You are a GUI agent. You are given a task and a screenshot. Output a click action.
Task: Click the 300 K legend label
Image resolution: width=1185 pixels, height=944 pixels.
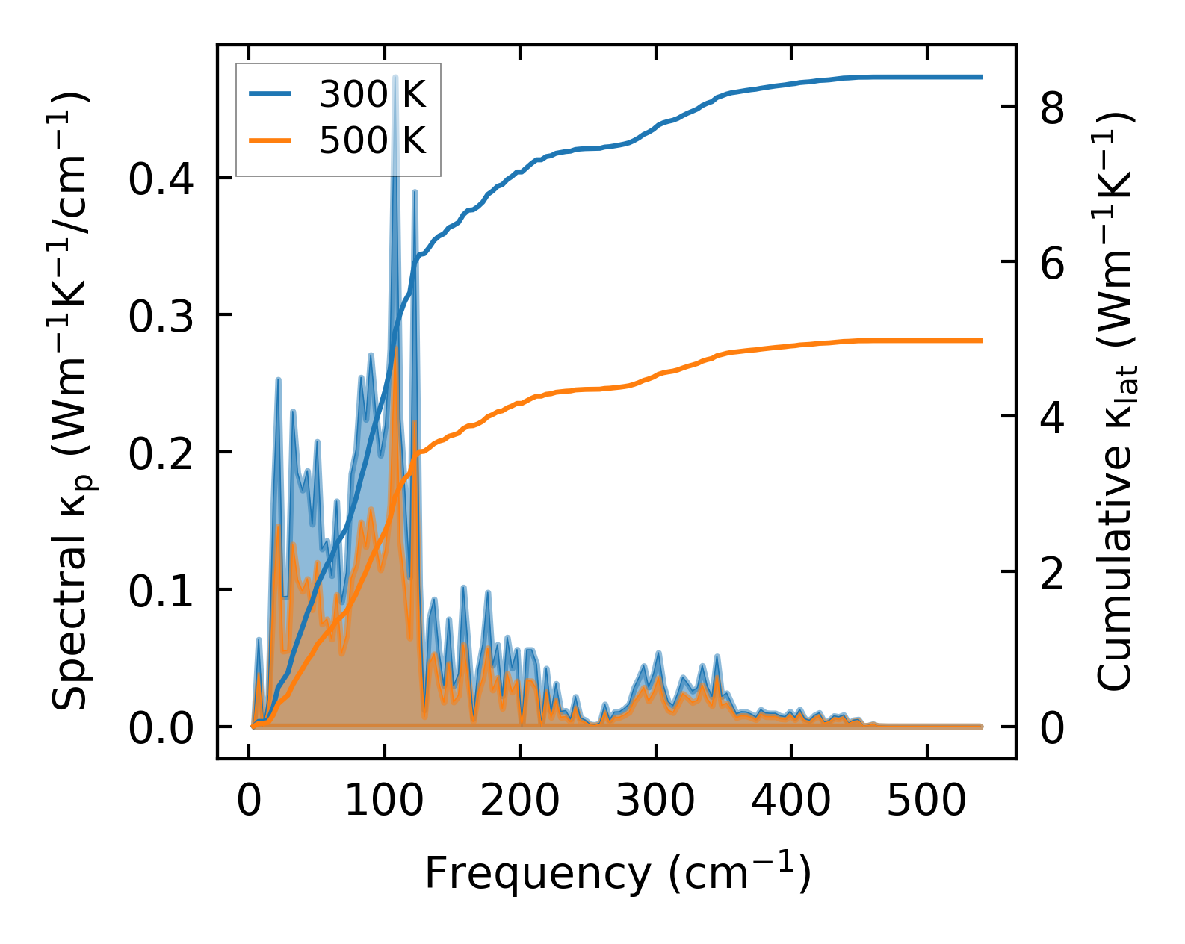372,95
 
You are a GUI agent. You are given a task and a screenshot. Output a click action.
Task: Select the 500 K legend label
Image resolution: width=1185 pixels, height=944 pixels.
372,140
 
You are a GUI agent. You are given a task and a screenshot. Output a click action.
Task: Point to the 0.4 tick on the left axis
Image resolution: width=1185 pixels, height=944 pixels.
161,179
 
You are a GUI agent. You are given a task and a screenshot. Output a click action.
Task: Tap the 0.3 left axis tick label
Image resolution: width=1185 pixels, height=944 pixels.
161,316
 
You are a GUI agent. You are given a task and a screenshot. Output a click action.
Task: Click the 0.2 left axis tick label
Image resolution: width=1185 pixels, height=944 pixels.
161,453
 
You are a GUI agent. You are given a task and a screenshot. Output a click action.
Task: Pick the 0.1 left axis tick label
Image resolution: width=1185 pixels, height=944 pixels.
161,591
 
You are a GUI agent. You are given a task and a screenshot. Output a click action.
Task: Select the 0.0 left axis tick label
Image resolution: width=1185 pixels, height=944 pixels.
161,728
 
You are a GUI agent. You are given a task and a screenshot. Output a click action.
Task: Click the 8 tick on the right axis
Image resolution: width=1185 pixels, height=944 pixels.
1052,108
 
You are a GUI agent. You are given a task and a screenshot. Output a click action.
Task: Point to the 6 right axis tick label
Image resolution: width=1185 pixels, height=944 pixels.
1052,263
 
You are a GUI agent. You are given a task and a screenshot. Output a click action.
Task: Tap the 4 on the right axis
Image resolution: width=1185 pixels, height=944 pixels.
1052,418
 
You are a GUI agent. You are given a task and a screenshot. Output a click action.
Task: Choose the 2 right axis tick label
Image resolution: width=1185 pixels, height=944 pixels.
1052,574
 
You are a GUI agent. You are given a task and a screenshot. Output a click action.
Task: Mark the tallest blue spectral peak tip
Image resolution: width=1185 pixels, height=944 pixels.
395,77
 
